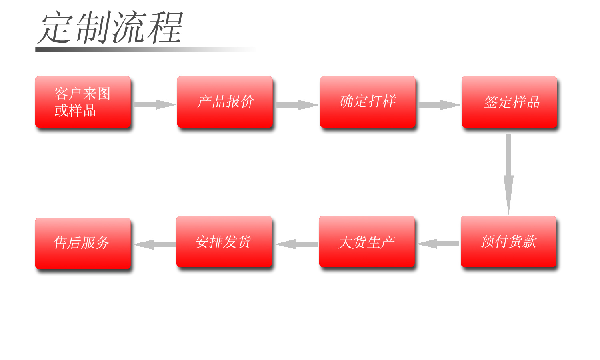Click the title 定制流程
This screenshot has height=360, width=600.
point(110,27)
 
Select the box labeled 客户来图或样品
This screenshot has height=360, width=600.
point(83,102)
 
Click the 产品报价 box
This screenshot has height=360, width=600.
point(225,102)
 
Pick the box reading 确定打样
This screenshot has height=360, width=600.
point(368,102)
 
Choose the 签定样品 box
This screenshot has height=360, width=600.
point(509,102)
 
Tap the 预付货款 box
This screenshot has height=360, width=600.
point(508,241)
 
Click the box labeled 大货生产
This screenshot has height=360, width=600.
point(367,241)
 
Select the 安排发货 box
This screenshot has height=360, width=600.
point(224,241)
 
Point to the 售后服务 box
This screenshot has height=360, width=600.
point(83,243)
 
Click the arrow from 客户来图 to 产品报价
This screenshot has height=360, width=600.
point(154,104)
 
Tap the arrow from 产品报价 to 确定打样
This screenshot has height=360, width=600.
point(297,105)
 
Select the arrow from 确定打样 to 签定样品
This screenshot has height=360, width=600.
point(439,105)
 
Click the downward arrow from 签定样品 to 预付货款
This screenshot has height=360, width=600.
point(508,174)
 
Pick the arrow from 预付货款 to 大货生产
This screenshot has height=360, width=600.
point(438,244)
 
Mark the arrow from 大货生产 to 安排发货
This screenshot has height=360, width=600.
point(297,244)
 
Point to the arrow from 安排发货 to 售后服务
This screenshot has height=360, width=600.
point(155,244)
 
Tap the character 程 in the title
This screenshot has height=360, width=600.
point(165,28)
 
